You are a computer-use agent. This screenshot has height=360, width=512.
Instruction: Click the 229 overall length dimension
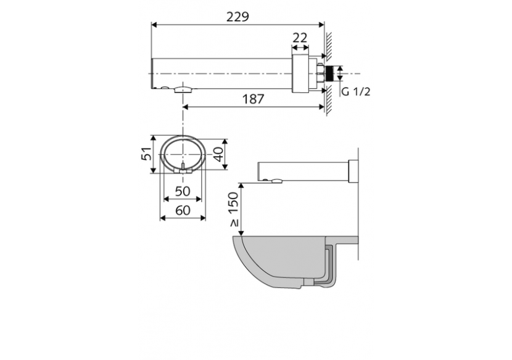pyautogui.click(x=237, y=17)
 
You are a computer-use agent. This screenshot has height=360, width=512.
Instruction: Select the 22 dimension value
pyautogui.click(x=300, y=38)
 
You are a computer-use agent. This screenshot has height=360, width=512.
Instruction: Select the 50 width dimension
pyautogui.click(x=182, y=191)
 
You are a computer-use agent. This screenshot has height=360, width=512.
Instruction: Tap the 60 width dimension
pyautogui.click(x=182, y=210)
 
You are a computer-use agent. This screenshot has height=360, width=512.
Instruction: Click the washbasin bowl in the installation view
pyautogui.click(x=278, y=259)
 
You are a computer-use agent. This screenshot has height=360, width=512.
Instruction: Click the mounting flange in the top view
pyautogui.click(x=300, y=73)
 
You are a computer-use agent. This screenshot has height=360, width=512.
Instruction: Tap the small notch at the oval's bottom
pyautogui.click(x=183, y=168)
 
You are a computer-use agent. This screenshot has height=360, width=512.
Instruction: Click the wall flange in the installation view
pyautogui.click(x=353, y=171)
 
